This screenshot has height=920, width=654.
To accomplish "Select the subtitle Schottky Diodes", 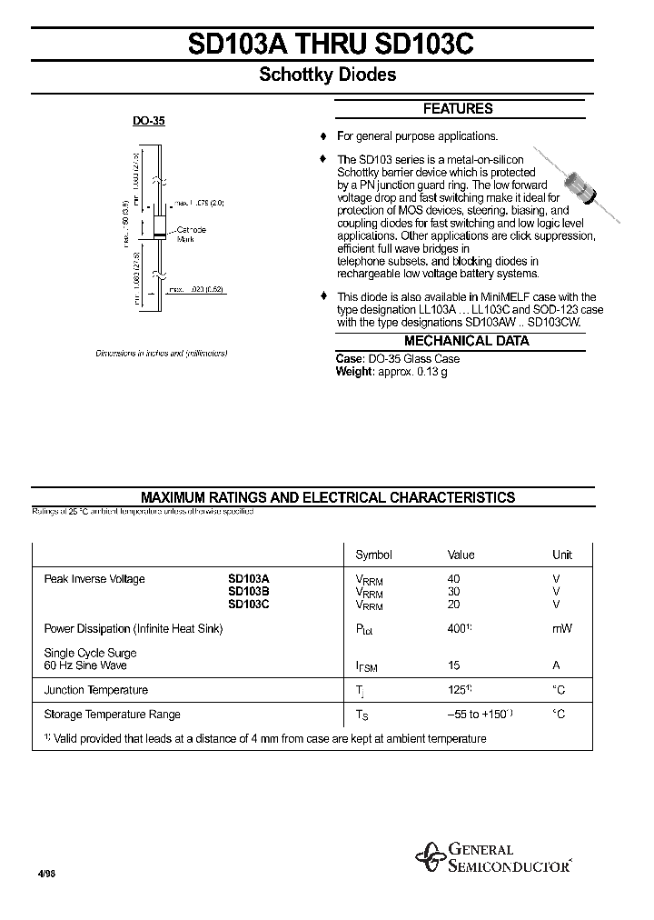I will (328, 75).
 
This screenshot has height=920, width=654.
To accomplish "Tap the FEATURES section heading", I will (458, 109).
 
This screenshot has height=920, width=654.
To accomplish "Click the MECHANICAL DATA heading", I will (466, 341).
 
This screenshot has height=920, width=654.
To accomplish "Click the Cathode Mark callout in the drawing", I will (191, 234).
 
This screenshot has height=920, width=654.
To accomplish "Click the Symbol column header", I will (373, 555).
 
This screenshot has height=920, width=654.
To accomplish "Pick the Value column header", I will (461, 555).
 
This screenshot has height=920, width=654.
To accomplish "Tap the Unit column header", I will (562, 555).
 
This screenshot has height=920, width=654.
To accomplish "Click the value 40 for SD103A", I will (454, 579).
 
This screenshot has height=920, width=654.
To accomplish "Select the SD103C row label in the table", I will (248, 605).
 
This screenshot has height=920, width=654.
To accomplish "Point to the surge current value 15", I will (454, 665).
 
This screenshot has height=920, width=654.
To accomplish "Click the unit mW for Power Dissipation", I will (562, 628).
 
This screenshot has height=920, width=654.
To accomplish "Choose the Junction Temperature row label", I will (95, 690).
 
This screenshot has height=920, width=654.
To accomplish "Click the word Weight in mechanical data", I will (354, 372).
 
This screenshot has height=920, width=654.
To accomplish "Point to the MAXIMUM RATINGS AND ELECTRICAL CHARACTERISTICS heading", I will (328, 497).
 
